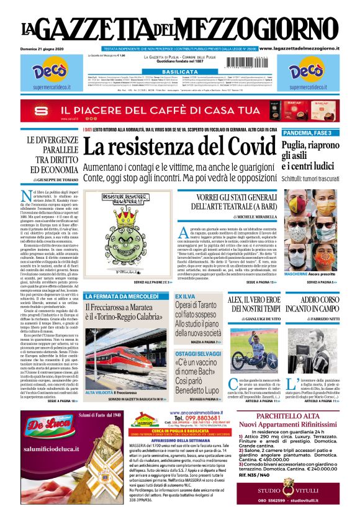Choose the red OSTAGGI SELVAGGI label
click(195, 353)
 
